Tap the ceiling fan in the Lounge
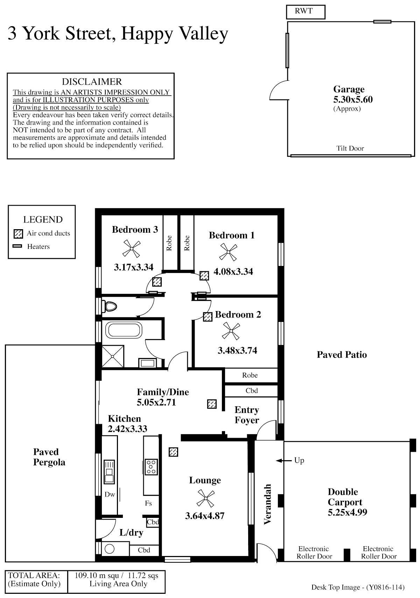point(205,498)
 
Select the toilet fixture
point(110,307)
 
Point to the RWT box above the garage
point(305,12)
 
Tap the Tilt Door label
point(350,148)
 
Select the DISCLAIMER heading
point(92,82)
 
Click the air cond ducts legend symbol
point(18,234)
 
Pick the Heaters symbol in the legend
point(17,246)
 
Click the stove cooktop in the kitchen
point(152,467)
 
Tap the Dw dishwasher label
point(110,494)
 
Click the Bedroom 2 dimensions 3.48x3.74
point(237,351)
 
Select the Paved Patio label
point(342,355)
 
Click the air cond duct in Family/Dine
point(212,404)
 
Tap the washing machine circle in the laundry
point(110,548)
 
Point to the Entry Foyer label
point(247,415)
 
